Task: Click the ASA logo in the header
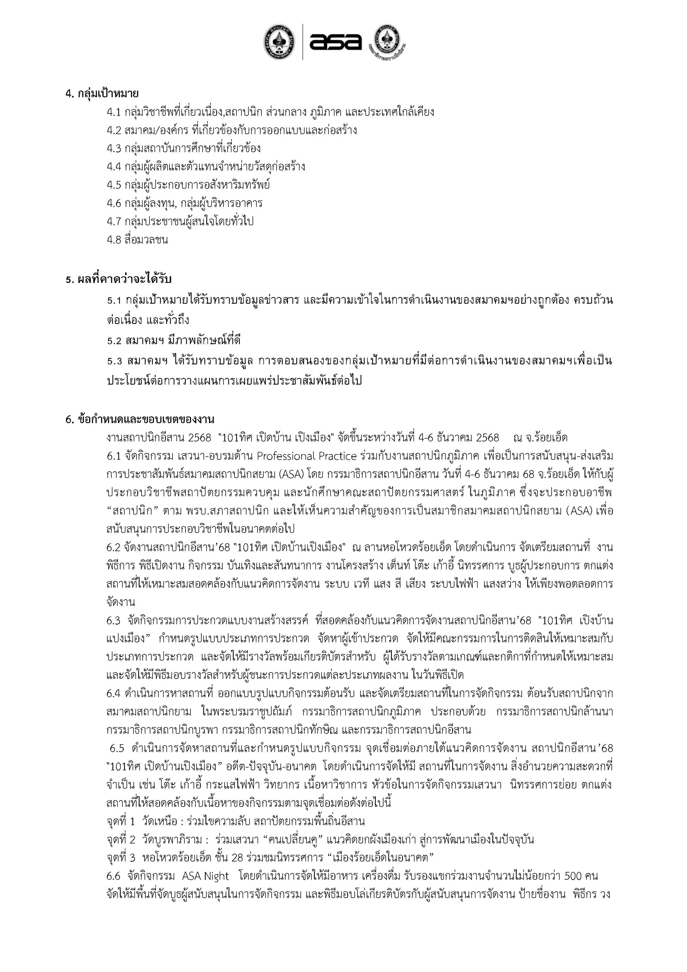coord(335,42)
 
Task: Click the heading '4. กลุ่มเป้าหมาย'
coord(102,93)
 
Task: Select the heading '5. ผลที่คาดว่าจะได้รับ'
coord(118,279)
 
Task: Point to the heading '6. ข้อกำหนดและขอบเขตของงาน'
coord(140,419)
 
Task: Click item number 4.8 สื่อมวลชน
coord(137,240)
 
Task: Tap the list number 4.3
coord(114,148)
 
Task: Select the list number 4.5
coord(114,185)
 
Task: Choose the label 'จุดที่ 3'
coord(121,858)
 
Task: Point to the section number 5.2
coord(114,341)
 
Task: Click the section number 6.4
coord(114,693)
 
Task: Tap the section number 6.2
coord(114,548)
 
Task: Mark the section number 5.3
coord(114,361)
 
